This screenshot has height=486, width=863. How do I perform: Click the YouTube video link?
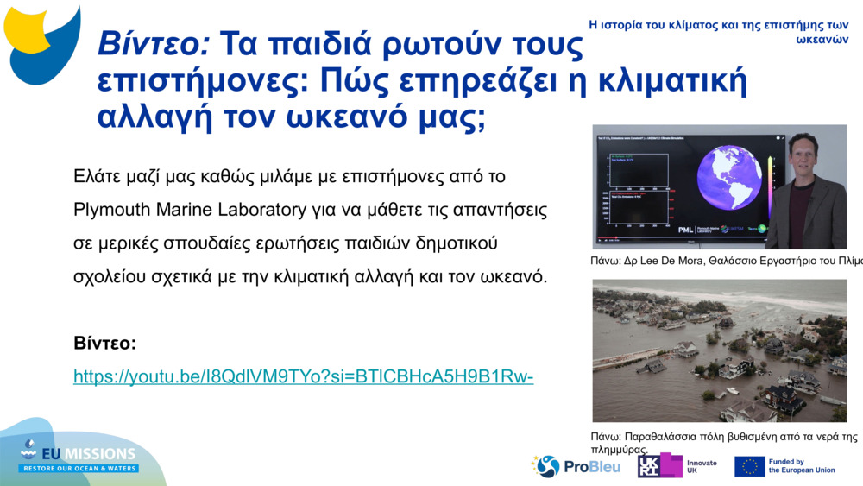tap(304, 376)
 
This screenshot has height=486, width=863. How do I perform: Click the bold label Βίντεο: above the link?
tap(105, 344)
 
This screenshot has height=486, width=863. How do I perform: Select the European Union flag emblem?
tap(749, 466)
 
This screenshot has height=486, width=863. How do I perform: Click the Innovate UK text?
tap(701, 467)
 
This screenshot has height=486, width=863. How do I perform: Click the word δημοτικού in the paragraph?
tap(450, 243)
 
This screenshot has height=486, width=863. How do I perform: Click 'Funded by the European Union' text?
tap(801, 466)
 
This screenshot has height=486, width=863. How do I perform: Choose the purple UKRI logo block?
tap(660, 466)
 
